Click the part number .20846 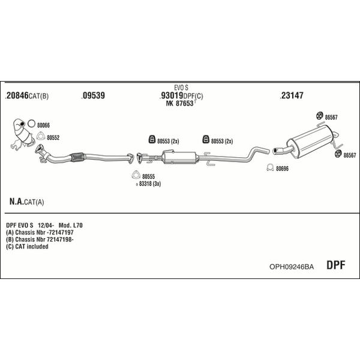(x=17, y=95)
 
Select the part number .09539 (x=93, y=95)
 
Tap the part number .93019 (x=171, y=95)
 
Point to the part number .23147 (x=292, y=95)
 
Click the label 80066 (x=43, y=125)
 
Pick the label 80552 (x=53, y=137)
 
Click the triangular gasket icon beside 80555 (x=136, y=175)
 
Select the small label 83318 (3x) (x=149, y=184)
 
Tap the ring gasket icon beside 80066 (x=31, y=124)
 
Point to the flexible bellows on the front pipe (x=77, y=157)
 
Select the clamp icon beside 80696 (x=270, y=167)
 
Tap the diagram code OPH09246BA (x=292, y=266)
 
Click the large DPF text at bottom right (x=335, y=265)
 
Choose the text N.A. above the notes (x=17, y=202)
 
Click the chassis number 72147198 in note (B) (x=59, y=239)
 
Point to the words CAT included (x=32, y=247)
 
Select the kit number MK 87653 (x=180, y=103)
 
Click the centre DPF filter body (x=180, y=157)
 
